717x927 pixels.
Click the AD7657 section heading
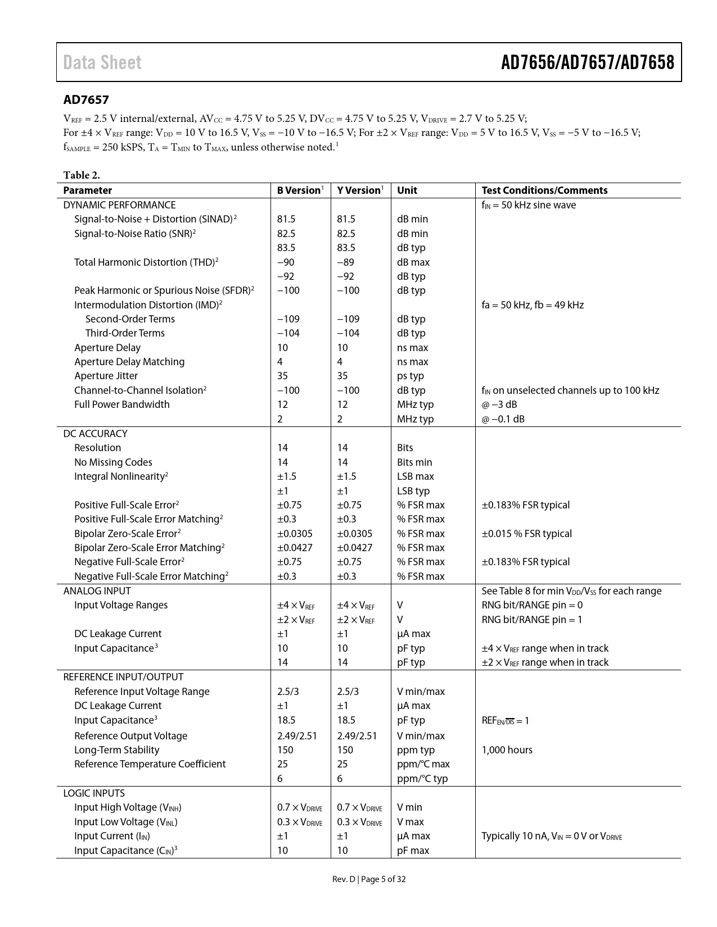[86, 100]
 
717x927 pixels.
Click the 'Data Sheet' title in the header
[102, 62]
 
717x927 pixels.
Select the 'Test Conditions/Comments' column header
[544, 190]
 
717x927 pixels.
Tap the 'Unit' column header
[407, 190]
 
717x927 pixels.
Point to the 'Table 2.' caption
[82, 175]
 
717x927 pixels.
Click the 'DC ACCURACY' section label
[95, 434]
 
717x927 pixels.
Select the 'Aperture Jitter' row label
[106, 376]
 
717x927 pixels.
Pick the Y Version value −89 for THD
[345, 262]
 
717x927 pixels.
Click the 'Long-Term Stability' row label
[116, 750]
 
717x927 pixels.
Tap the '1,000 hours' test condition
[507, 750]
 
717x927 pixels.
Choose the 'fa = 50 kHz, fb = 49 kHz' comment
[533, 305]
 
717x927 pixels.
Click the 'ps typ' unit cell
[411, 376]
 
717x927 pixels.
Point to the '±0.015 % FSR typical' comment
[526, 534]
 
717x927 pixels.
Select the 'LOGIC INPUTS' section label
[94, 793]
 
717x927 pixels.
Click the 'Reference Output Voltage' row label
[130, 736]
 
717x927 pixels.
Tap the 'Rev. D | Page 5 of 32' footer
[369, 879]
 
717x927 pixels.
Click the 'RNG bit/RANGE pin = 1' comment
[532, 620]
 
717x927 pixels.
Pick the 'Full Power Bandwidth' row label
[121, 405]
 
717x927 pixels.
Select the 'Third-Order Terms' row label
[125, 333]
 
